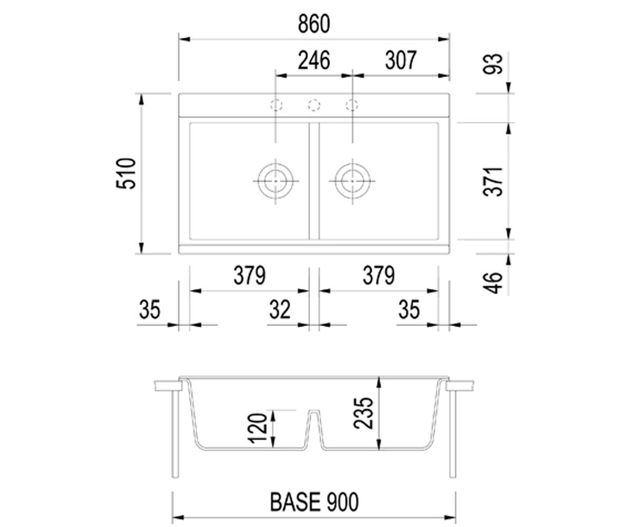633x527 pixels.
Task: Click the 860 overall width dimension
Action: pos(314,24)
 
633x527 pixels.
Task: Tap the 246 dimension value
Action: pos(314,61)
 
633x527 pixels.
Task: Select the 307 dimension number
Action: pos(400,61)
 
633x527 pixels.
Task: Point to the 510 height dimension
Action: pos(126,173)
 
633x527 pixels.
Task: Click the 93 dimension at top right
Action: pos(492,64)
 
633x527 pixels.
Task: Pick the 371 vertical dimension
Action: pos(492,181)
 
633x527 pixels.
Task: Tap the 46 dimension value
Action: pos(492,283)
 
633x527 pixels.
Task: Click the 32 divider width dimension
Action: pos(280,309)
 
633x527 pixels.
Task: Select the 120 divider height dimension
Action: pos(258,428)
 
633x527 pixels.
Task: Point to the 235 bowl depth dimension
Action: pos(363,413)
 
